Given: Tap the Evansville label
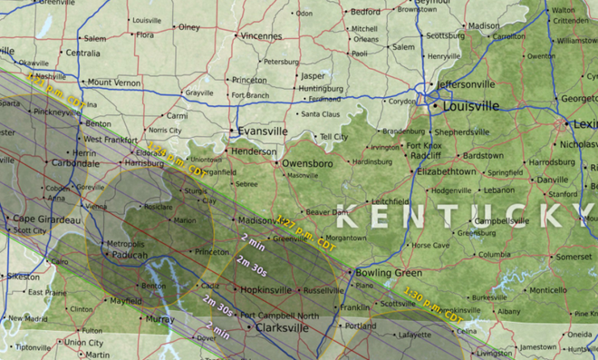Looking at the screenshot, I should (x=263, y=131).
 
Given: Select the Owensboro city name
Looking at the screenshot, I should (x=307, y=163).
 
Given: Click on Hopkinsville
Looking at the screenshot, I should (x=272, y=289).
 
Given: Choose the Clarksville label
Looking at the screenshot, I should (x=289, y=327).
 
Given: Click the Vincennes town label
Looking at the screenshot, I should (x=261, y=36).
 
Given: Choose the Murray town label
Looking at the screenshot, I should (x=159, y=319).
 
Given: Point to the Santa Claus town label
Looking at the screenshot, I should (x=320, y=114).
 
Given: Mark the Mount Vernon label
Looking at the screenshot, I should (x=113, y=83).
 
